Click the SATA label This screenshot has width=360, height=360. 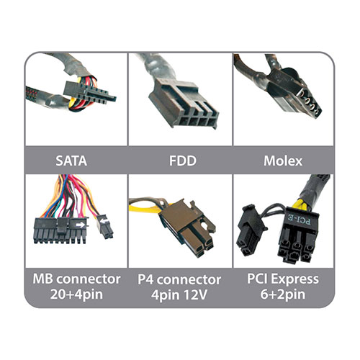point(71,161)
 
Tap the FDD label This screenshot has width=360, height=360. point(183,161)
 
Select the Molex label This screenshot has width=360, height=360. point(283,161)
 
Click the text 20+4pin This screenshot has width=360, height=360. point(76,294)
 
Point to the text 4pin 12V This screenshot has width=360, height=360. point(179,294)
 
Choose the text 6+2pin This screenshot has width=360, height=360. point(283,294)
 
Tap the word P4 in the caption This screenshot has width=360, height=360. point(145,279)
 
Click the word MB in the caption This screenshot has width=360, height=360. point(42,279)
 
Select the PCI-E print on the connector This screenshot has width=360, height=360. point(300,220)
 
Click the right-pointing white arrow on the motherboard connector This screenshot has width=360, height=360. point(81,225)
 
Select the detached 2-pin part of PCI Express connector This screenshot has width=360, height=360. point(250,230)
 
